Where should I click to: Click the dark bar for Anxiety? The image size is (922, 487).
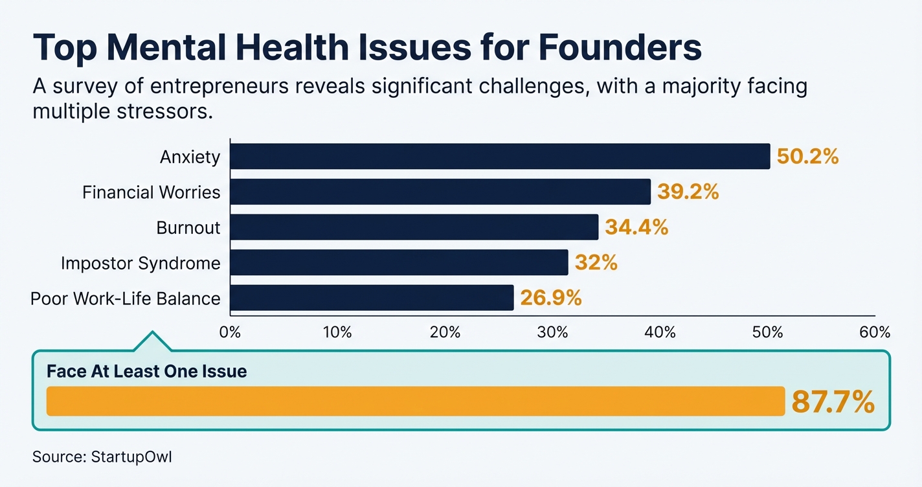[x=500, y=157]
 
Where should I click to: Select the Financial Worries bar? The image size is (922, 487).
[x=440, y=192]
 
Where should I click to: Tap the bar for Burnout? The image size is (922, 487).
[x=414, y=227]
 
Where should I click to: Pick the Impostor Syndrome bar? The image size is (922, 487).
[x=399, y=263]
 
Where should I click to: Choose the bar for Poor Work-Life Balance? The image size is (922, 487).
[x=372, y=298]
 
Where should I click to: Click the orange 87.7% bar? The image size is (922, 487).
[x=415, y=402]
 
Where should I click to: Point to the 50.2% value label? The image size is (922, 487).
[x=807, y=157]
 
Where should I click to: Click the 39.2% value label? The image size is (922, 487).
[x=688, y=192]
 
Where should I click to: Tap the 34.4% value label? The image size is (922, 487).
[x=636, y=227]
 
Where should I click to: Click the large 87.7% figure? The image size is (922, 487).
[x=833, y=402]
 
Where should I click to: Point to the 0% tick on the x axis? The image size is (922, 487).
[x=231, y=333]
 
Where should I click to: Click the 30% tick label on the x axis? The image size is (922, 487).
[x=552, y=333]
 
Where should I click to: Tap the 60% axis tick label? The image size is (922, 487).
[x=875, y=333]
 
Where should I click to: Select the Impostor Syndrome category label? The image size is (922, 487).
[x=141, y=263]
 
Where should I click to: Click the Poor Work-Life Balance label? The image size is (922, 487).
[x=126, y=298]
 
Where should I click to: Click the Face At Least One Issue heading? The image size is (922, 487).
[x=147, y=372]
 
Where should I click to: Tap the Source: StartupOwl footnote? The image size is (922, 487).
[x=102, y=457]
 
